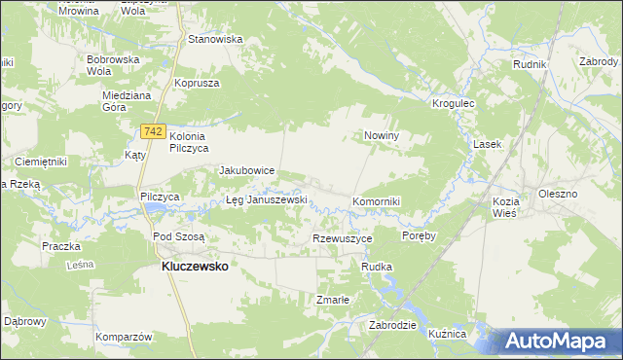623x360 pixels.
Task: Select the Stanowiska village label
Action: tap(215, 40)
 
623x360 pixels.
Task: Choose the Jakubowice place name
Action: tap(247, 170)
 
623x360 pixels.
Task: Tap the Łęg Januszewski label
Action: tap(267, 200)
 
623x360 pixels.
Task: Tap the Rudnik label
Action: tap(531, 64)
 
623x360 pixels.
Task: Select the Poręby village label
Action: tap(419, 235)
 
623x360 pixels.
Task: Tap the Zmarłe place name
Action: tap(332, 300)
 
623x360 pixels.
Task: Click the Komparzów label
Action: tap(126, 337)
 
